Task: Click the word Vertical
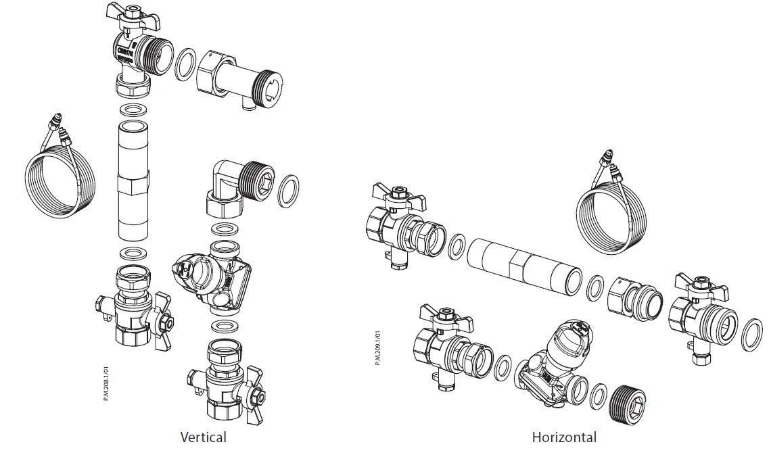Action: [x=203, y=437]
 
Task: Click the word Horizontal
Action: [x=564, y=437]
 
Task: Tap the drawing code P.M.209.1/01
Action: [x=377, y=347]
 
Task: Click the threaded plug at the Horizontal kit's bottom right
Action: [x=630, y=406]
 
